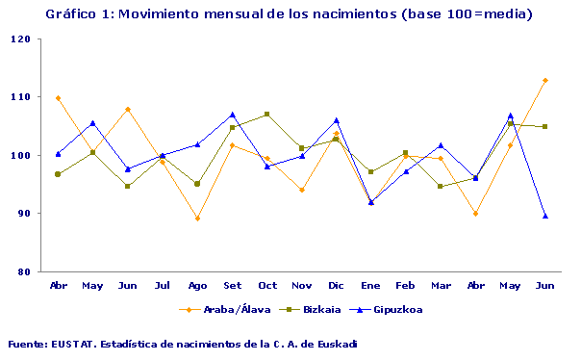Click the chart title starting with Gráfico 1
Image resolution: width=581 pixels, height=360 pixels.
pos(287,14)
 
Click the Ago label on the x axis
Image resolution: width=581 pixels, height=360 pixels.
pos(197,287)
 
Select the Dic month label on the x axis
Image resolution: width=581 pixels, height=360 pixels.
pos(336,287)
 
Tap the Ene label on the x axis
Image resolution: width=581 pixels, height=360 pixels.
pos(371,287)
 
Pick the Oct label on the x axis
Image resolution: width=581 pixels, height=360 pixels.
pos(267,287)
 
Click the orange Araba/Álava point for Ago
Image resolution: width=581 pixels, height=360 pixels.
pos(197,219)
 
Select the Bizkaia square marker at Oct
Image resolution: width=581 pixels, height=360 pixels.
pos(267,115)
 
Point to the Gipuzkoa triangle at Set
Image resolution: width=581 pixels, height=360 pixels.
pos(233,115)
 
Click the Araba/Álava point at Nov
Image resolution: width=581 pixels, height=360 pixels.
pos(302,190)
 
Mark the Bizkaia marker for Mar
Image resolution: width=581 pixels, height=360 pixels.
pos(441,186)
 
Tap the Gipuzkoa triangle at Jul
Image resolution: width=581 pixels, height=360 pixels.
pos(163,155)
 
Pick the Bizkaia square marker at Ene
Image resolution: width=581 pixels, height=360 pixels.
pos(371,171)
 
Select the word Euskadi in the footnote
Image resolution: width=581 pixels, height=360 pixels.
pos(334,344)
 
